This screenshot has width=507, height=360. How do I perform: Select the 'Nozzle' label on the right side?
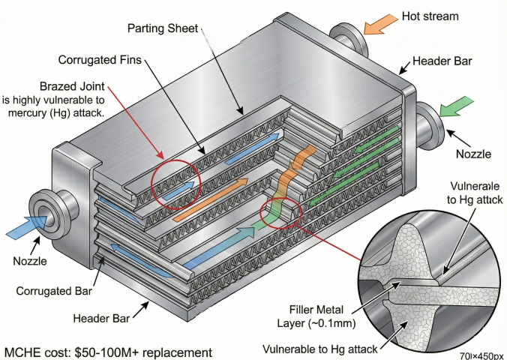[473, 154]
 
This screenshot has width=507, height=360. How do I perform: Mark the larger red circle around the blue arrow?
[176, 182]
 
